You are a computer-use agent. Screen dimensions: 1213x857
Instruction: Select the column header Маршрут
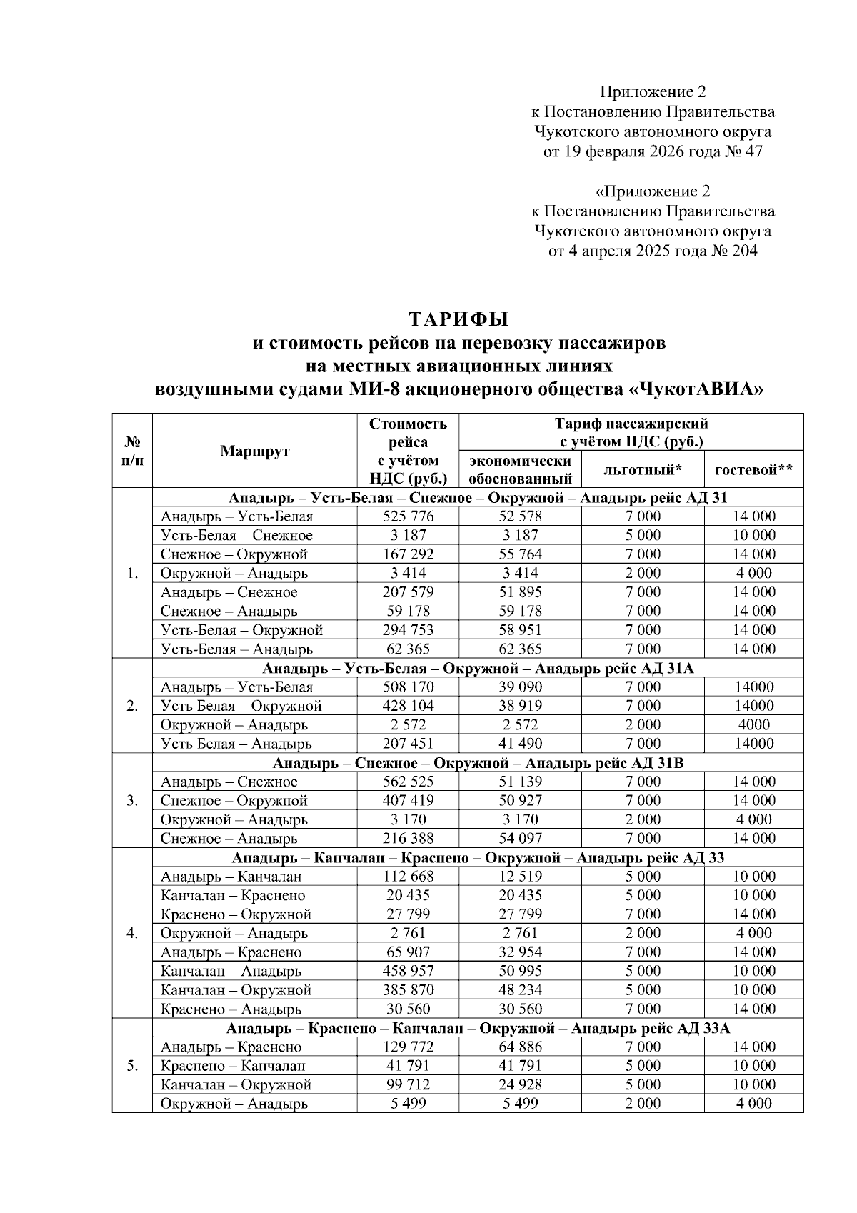point(255,451)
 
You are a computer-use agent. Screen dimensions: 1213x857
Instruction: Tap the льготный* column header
point(643,470)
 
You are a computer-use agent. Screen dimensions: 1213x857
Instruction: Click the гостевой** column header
point(753,470)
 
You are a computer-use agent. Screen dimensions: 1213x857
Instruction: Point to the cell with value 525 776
point(408,516)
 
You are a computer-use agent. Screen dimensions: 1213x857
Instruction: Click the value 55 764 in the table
point(520,554)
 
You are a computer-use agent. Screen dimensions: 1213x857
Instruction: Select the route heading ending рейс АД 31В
point(478,763)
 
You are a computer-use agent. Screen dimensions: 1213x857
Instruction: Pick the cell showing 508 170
point(408,687)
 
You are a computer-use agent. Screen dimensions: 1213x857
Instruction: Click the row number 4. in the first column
point(132,933)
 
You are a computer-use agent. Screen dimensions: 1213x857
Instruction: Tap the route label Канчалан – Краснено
point(233,896)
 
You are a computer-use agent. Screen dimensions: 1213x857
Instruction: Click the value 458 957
point(408,972)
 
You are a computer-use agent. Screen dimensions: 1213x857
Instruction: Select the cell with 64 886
point(520,1047)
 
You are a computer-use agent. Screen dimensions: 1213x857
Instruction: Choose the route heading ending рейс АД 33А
point(478,1029)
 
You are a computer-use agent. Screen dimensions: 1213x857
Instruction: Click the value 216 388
point(408,839)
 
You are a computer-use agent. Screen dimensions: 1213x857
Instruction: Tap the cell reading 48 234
point(520,990)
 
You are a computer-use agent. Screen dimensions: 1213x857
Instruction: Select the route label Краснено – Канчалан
point(233,1066)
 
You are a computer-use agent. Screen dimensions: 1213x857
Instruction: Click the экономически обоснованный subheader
point(520,470)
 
